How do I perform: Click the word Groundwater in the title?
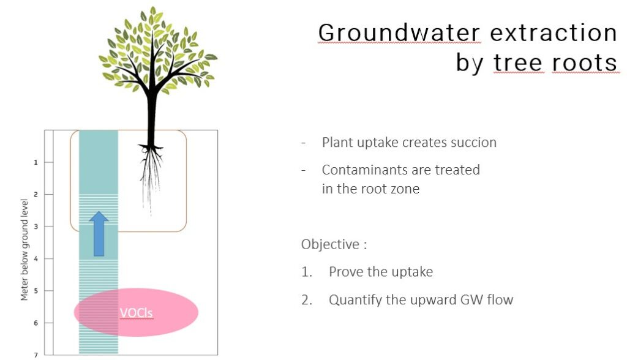(x=399, y=32)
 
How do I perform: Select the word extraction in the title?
(x=554, y=32)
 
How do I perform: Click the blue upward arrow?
(x=99, y=234)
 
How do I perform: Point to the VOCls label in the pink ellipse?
(x=137, y=313)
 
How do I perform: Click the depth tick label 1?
(x=36, y=162)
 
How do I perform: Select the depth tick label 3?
(x=36, y=227)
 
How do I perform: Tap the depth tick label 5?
(x=36, y=291)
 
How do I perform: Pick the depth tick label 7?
(x=36, y=355)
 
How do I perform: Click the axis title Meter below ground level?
(x=24, y=250)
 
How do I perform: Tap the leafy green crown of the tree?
(x=157, y=50)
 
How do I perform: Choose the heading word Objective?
(x=330, y=244)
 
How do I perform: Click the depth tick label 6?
(x=36, y=323)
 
